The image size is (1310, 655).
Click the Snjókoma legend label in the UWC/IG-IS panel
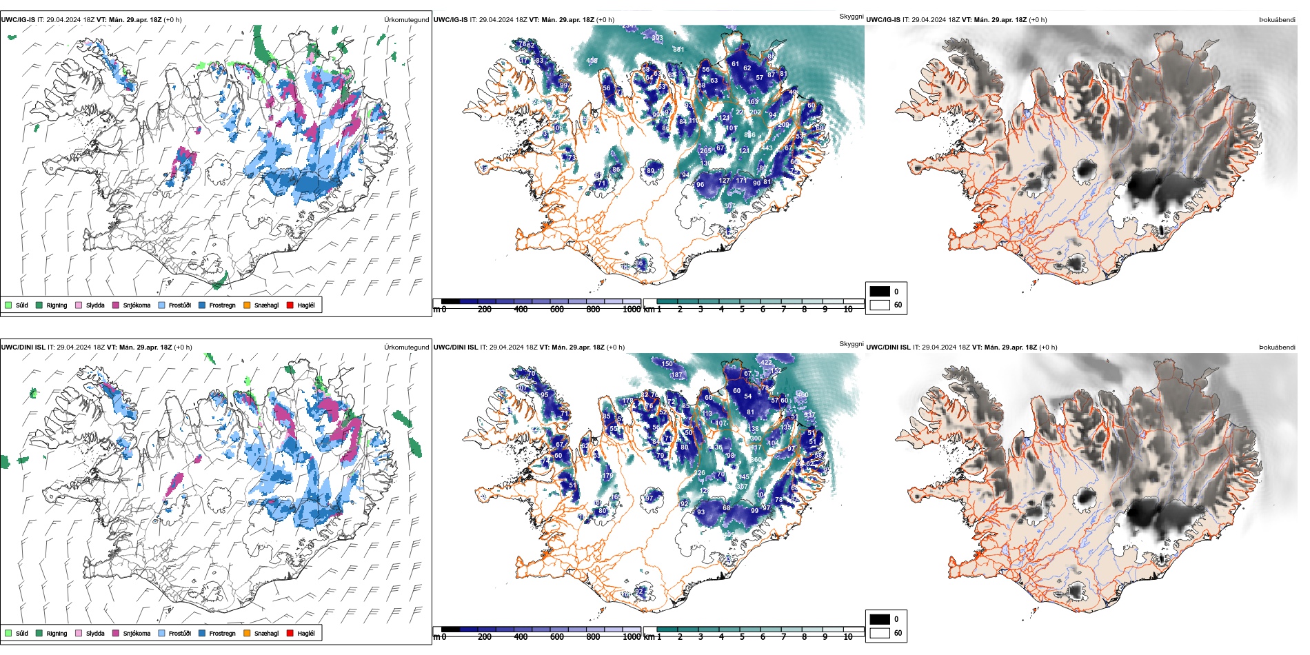137,305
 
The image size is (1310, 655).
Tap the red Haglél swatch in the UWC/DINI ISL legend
290,633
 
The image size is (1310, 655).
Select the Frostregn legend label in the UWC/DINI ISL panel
222,633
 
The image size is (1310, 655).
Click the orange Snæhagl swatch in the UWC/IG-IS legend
247,305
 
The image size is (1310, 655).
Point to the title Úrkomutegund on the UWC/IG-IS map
406,20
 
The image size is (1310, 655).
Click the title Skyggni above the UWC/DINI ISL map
851,343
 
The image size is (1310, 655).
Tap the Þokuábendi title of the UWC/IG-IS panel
1277,20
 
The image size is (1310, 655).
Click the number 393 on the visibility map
657,38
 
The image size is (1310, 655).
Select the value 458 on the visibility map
592,61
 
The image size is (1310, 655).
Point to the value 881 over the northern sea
678,50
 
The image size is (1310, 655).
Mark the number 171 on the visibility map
741,181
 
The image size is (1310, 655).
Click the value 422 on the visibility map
766,362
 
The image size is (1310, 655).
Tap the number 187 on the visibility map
676,375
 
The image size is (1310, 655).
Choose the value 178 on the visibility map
627,401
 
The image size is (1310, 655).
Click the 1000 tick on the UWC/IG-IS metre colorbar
631,310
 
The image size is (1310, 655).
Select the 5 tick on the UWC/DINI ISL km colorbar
742,637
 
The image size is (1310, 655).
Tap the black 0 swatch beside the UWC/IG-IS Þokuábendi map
880,291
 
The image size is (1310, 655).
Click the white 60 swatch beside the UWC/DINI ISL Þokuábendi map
880,632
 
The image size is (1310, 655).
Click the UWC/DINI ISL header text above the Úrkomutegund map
23,347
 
